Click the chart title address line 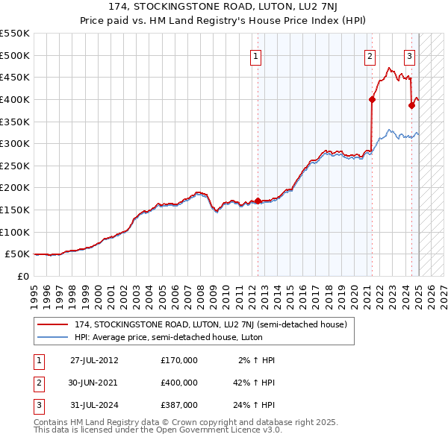coord(223,8)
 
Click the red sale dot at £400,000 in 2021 coord(372,98)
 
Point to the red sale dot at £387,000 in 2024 coord(411,105)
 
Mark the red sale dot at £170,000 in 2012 coord(258,201)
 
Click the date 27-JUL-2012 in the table coord(94,359)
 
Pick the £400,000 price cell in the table coord(179,383)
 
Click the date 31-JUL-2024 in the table coord(94,406)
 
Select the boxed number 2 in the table coord(38,383)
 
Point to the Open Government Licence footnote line coord(158,430)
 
